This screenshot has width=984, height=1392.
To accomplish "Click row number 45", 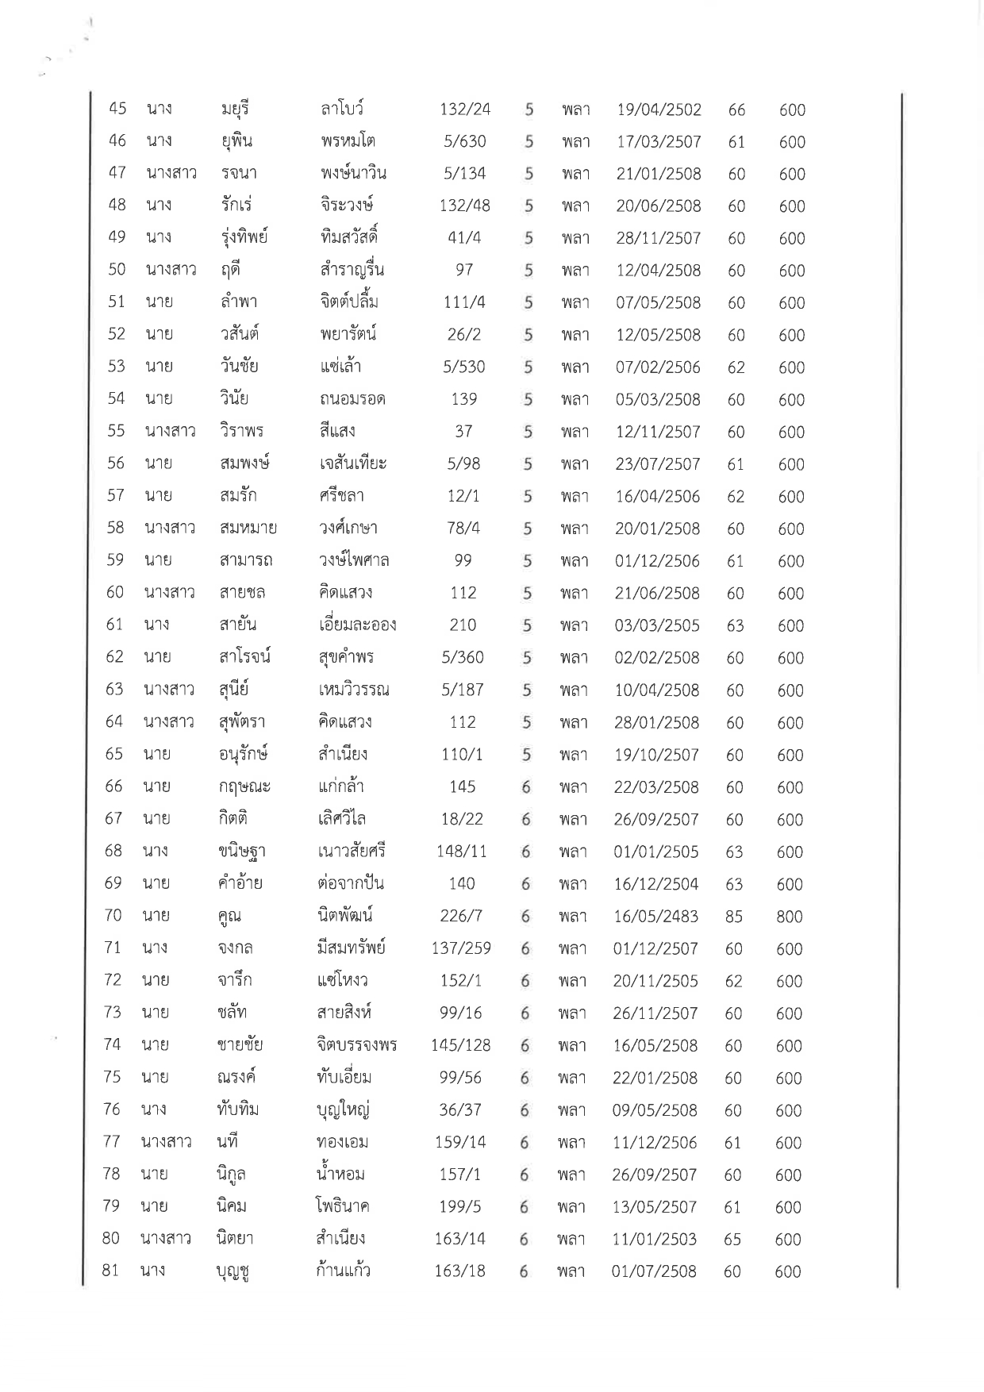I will (117, 109).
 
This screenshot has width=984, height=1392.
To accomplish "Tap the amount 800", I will (790, 917).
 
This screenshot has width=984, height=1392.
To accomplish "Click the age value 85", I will (734, 917).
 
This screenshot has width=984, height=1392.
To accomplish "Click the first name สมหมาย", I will (248, 528).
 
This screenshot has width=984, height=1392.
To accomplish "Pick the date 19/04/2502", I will (659, 110).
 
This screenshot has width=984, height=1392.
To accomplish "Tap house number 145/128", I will (461, 1045).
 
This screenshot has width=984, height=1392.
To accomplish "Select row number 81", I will (110, 1271).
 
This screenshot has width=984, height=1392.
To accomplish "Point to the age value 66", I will (736, 110).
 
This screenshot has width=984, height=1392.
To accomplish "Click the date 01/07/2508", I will (654, 1271).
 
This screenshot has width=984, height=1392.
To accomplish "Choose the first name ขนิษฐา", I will (241, 852).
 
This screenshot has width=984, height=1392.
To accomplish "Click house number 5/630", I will (465, 141).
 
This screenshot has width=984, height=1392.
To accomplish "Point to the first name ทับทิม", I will (237, 1109).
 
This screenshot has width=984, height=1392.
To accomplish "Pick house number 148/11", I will (462, 852).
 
